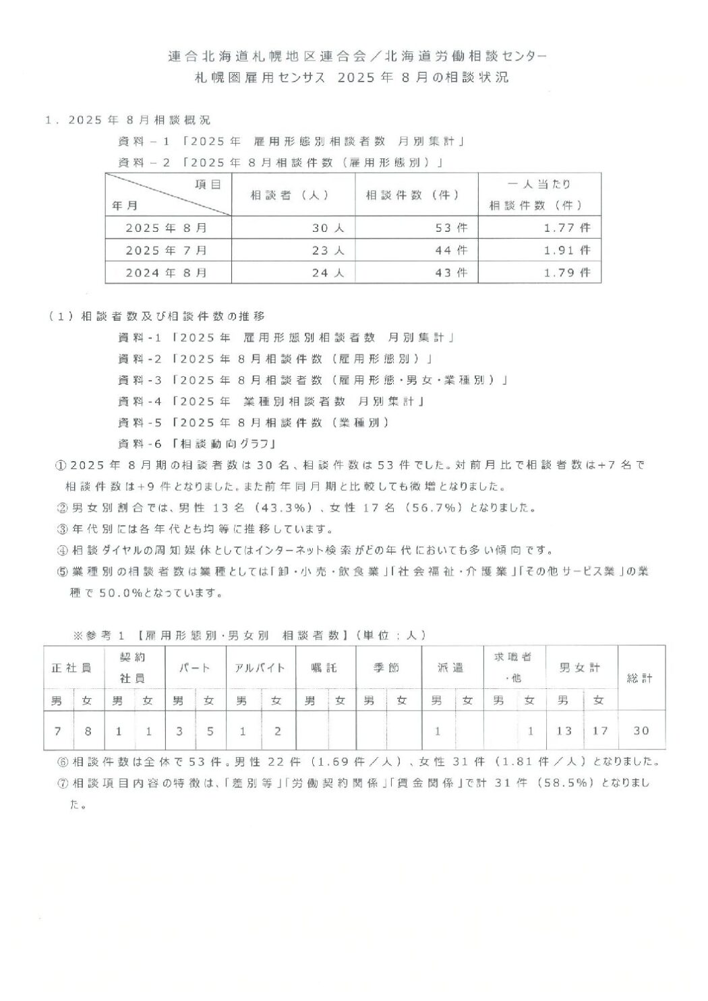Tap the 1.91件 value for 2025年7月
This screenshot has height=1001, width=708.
pyautogui.click(x=566, y=250)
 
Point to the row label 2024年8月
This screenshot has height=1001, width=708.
pyautogui.click(x=167, y=272)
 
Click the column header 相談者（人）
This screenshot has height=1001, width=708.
pyautogui.click(x=289, y=195)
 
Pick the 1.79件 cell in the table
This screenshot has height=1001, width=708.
pyautogui.click(x=566, y=272)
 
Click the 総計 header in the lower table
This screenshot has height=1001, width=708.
pyautogui.click(x=640, y=678)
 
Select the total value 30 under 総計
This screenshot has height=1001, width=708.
pyautogui.click(x=641, y=731)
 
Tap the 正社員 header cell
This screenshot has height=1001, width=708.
pyautogui.click(x=72, y=668)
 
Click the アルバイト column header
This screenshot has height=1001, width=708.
pyautogui.click(x=260, y=668)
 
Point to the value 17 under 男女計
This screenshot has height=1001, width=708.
pyautogui.click(x=599, y=731)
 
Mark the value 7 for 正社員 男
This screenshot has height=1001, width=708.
pyautogui.click(x=57, y=731)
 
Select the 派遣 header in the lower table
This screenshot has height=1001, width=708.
pyautogui.click(x=451, y=668)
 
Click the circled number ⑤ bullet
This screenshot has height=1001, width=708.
pyautogui.click(x=62, y=572)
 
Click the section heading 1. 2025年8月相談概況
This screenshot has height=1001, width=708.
pyautogui.click(x=127, y=120)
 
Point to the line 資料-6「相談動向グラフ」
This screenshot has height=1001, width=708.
pyautogui.click(x=198, y=444)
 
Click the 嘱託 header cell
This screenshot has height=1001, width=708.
pyautogui.click(x=324, y=668)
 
